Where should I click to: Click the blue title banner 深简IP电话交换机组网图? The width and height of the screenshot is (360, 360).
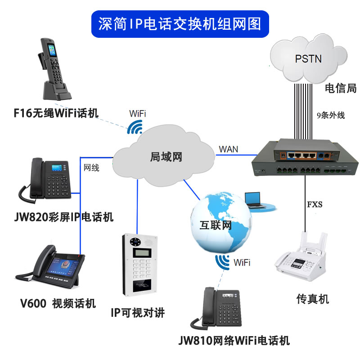[180, 24]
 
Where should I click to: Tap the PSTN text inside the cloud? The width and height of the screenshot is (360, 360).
[308, 59]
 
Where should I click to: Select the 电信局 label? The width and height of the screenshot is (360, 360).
[341, 88]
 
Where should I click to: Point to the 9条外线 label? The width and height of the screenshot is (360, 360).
[331, 115]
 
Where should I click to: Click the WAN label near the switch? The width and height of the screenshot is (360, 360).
[229, 149]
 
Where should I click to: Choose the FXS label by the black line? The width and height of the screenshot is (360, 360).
[315, 204]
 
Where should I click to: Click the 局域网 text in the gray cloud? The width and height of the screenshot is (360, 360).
[166, 157]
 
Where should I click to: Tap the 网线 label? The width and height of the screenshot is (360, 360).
[91, 168]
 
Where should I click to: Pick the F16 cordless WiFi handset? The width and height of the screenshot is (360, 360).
[54, 69]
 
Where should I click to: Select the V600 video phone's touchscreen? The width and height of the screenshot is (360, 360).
[64, 267]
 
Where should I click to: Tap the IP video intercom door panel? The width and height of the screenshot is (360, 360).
[139, 265]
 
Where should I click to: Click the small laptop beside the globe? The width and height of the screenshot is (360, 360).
[253, 199]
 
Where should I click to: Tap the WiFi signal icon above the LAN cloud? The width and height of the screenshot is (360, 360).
[135, 127]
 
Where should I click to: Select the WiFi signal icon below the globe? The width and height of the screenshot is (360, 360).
[222, 262]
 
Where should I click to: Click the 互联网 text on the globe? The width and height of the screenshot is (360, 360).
[216, 225]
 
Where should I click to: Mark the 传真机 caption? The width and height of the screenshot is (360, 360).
[313, 299]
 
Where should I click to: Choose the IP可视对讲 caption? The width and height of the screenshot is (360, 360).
[138, 313]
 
